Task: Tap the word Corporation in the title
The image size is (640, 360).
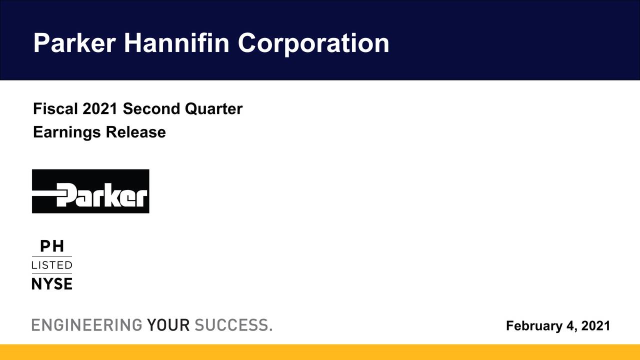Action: pos(313,43)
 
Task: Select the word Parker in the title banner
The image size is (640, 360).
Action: pos(74,43)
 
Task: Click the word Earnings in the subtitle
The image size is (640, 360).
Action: pos(67,132)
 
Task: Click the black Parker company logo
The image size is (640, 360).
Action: pos(90,191)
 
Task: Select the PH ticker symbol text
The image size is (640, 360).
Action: pos(51,246)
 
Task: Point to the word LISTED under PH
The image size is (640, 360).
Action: pos(52,265)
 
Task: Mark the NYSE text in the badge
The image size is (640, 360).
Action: pos(52,284)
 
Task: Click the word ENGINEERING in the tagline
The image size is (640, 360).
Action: pos(87,325)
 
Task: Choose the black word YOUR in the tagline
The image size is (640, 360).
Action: pos(168,325)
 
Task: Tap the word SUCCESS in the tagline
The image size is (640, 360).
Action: pos(231,325)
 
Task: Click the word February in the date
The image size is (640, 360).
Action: pos(534,326)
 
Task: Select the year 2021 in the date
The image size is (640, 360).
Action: pos(595,326)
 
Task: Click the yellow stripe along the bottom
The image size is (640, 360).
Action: pos(320,352)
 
